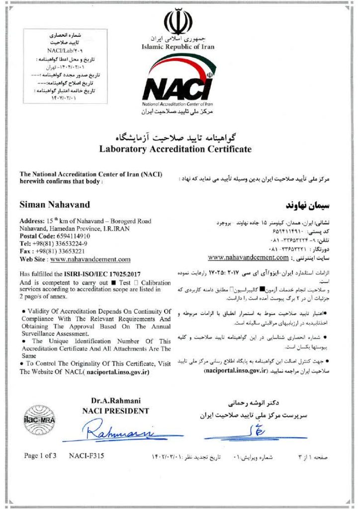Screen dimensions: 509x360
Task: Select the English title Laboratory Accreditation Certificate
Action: pyautogui.click(x=176, y=149)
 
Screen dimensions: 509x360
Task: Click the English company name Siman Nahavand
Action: pyautogui.click(x=54, y=204)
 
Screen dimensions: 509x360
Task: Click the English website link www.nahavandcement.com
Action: pyautogui.click(x=90, y=259)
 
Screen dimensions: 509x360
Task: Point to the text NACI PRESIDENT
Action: pyautogui.click(x=115, y=411)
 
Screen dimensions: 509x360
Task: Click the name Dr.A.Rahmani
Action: pyautogui.click(x=116, y=401)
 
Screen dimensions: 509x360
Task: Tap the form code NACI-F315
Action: pyautogui.click(x=87, y=455)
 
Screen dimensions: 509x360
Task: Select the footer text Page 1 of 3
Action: pyautogui.click(x=40, y=455)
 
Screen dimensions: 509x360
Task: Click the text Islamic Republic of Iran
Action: pyautogui.click(x=178, y=47)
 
